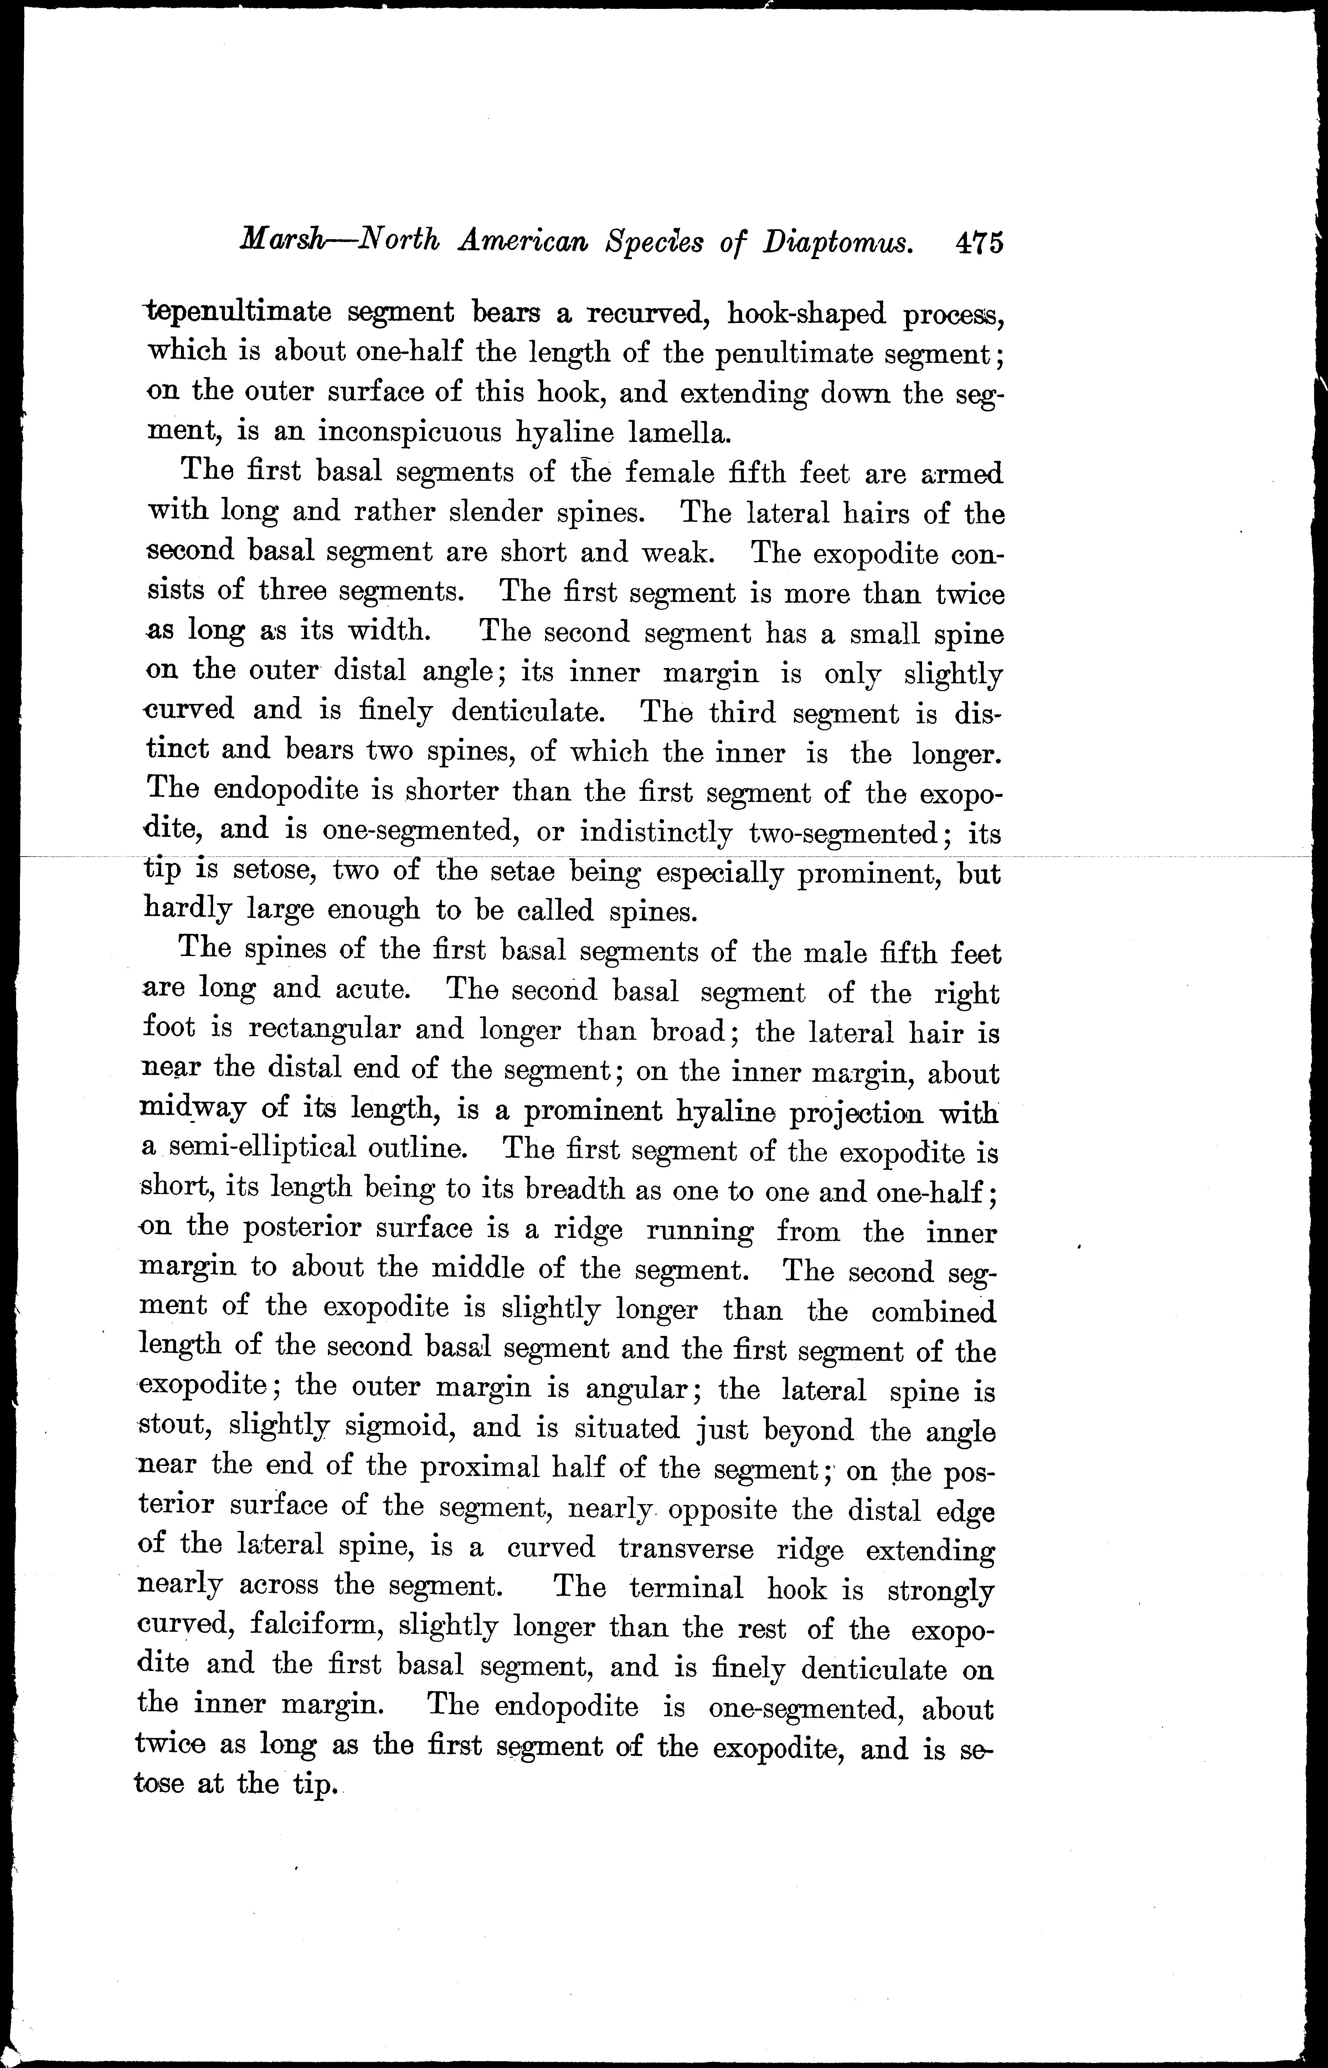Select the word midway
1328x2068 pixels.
[x=185, y=1110]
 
